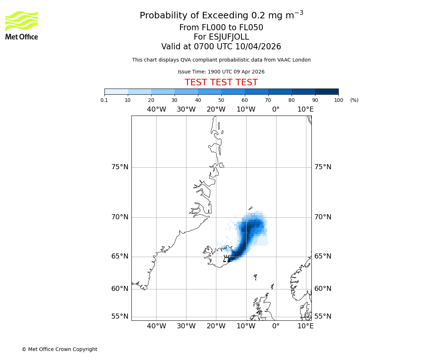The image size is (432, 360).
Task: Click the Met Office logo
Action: point(22,25)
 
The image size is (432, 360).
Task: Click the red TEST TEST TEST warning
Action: point(221,82)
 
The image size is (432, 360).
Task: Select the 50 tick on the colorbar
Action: point(221,100)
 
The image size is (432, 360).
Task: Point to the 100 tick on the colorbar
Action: point(338,100)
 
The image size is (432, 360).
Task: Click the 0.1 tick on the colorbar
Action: point(104,100)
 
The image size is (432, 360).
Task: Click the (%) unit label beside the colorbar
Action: point(354,100)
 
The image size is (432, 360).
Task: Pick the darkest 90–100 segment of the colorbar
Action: point(327,91)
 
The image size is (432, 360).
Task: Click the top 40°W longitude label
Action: point(156,109)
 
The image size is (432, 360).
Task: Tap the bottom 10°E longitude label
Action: point(305,326)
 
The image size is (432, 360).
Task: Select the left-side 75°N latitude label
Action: point(120,167)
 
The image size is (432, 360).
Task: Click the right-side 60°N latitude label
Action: point(323,289)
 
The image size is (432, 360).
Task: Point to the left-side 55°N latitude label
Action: point(120,316)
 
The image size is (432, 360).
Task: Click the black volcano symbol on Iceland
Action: point(226,258)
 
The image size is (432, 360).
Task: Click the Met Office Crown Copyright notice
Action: point(59,349)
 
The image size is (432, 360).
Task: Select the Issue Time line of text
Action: point(221,72)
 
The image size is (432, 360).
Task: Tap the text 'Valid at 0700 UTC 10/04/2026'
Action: point(221,47)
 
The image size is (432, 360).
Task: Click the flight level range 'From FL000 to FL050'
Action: point(221,28)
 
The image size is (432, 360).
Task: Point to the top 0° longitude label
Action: point(276,109)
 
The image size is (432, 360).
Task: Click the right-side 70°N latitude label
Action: point(323,217)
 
